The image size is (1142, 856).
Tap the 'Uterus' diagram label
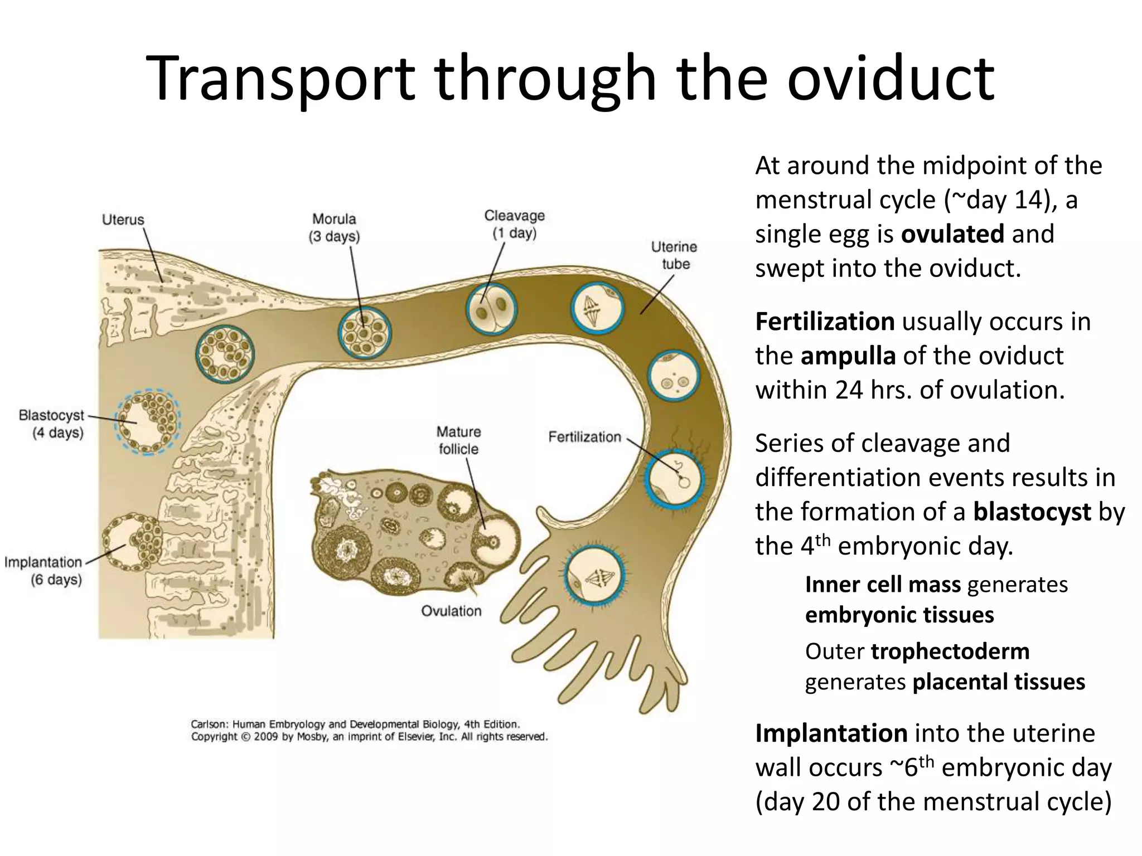(x=123, y=220)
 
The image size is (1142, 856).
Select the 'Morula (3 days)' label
(x=334, y=227)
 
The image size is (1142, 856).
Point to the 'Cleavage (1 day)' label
(x=514, y=224)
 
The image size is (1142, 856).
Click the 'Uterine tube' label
(x=674, y=255)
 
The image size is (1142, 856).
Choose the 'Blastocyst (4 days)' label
(x=51, y=424)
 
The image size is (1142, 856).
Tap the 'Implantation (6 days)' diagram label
(x=43, y=571)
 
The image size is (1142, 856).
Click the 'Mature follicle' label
(x=458, y=440)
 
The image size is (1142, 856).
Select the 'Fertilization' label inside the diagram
(x=584, y=437)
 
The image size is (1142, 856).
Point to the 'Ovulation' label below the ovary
(x=451, y=611)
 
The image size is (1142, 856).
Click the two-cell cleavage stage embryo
(x=491, y=309)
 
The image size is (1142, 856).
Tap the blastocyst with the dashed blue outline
(x=148, y=422)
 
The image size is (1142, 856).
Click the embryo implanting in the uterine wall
(x=133, y=542)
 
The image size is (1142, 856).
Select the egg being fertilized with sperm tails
(x=674, y=478)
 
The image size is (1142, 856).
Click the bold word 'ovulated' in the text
(x=952, y=234)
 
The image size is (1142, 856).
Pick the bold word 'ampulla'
(x=848, y=356)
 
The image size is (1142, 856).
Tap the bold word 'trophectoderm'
(x=950, y=651)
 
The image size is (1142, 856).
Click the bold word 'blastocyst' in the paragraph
(x=1032, y=512)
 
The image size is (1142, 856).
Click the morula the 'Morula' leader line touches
(x=365, y=333)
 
